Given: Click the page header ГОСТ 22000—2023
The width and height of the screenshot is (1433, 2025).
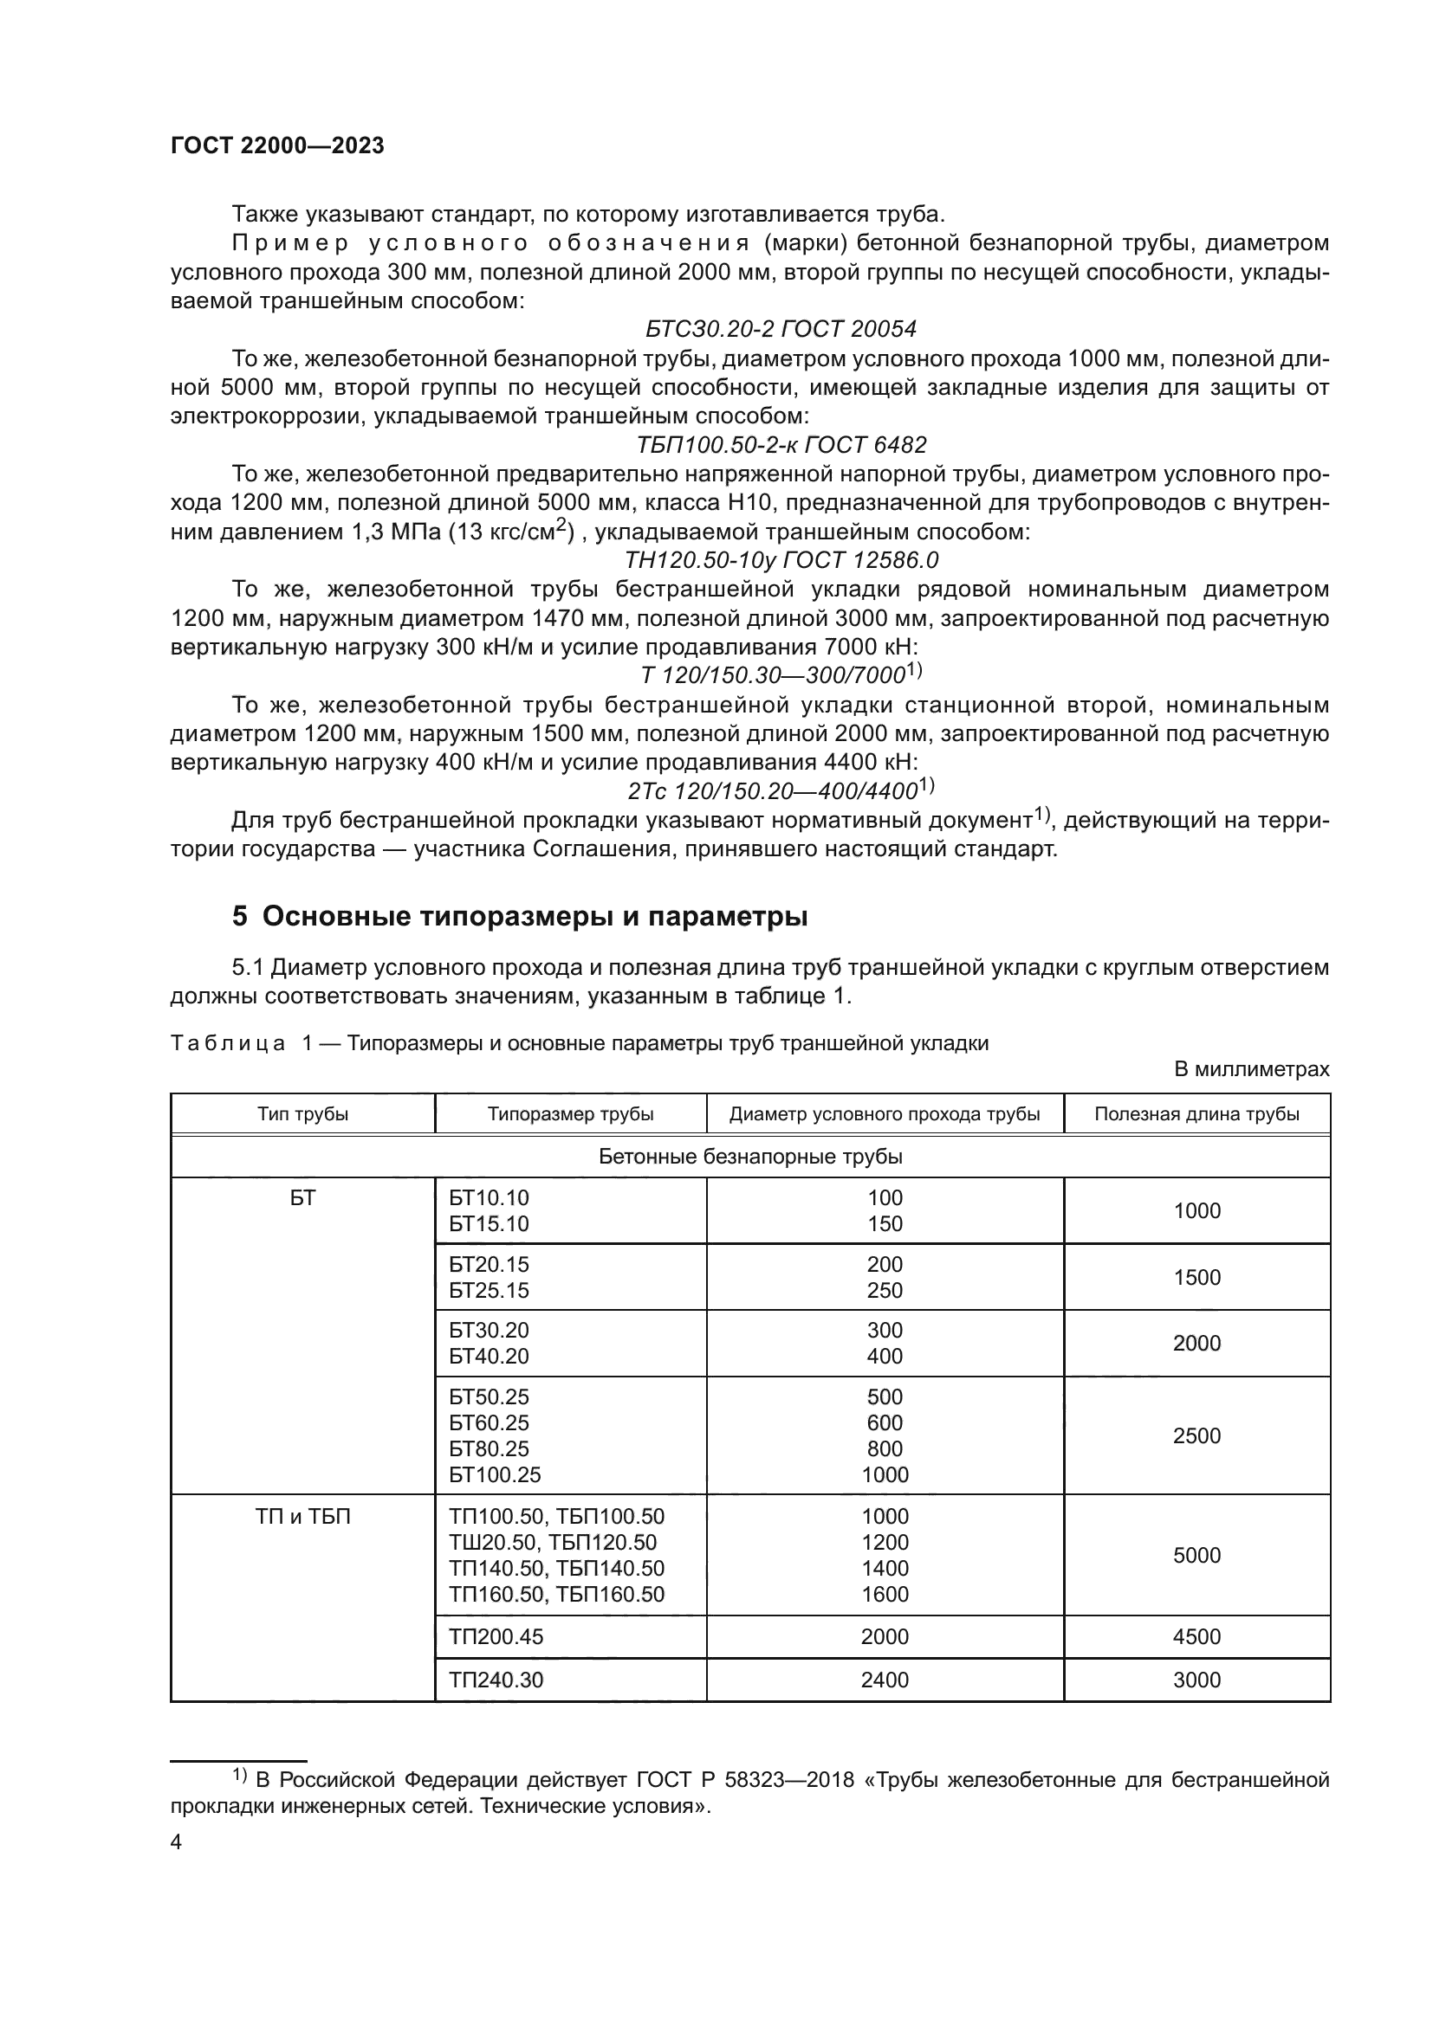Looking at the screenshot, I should pos(277,146).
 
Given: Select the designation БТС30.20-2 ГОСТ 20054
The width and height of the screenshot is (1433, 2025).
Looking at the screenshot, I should pos(781,329).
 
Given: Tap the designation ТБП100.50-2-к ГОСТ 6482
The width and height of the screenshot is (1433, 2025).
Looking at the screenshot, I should pos(781,444).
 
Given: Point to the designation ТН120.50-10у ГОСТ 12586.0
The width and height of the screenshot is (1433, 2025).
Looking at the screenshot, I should pos(781,560).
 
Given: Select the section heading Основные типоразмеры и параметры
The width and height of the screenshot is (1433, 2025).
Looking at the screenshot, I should pos(535,916).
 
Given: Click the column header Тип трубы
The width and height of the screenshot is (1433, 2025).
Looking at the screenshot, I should pos(302,1114).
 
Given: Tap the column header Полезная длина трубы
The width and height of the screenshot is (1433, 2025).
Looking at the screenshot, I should pos(1196,1114).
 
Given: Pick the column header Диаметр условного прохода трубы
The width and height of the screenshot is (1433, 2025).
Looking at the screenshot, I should pos(885,1114).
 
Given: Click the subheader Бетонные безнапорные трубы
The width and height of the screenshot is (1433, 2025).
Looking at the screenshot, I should pos(750,1157).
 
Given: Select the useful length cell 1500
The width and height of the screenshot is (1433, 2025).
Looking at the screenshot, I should pos(1196,1277).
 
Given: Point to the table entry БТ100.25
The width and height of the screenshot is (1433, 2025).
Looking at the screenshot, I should pos(495,1474).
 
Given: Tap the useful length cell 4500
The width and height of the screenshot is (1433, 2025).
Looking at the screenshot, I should pos(1196,1637).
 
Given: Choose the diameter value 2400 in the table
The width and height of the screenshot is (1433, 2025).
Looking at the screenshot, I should pos(885,1680).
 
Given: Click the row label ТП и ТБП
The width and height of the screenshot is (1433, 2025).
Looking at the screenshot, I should pos(302,1517).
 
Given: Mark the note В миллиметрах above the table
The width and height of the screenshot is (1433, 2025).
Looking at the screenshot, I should pos(1251,1070).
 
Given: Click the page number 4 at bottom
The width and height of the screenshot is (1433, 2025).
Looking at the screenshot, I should pos(176,1842).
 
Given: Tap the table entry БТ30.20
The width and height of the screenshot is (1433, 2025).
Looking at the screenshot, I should pos(489,1330).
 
